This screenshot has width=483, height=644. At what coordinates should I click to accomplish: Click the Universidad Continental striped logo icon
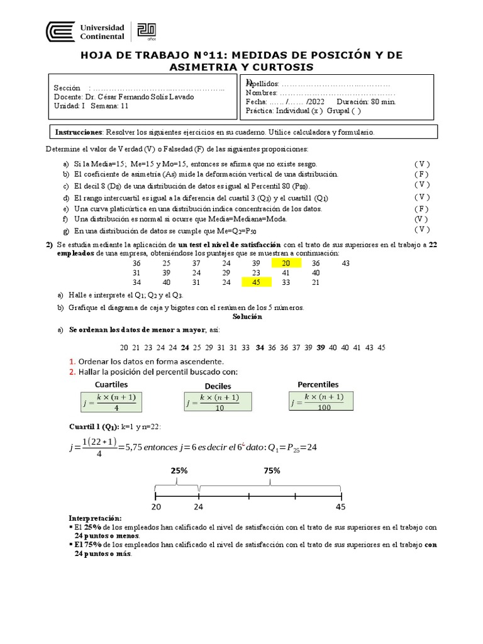[x=58, y=32]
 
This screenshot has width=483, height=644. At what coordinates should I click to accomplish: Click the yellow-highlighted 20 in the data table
[x=286, y=264]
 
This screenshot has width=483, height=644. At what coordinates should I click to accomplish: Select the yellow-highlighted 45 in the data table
[x=256, y=283]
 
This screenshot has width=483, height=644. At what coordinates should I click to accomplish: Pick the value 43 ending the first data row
[x=346, y=264]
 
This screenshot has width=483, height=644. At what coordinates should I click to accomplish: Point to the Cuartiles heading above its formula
[x=111, y=384]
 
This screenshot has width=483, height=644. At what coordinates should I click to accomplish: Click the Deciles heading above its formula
[x=218, y=386]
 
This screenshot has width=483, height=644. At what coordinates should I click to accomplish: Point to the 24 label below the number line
[x=199, y=507]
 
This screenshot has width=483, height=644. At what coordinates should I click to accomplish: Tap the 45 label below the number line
[x=341, y=507]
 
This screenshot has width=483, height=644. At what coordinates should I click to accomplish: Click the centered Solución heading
[x=247, y=317]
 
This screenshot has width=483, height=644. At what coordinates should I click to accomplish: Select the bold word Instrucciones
[x=79, y=133]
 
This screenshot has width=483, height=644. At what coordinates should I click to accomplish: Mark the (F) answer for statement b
[x=421, y=174]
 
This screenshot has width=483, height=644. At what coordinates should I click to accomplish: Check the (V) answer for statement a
[x=421, y=164]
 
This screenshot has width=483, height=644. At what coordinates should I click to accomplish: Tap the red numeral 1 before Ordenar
[x=72, y=362]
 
